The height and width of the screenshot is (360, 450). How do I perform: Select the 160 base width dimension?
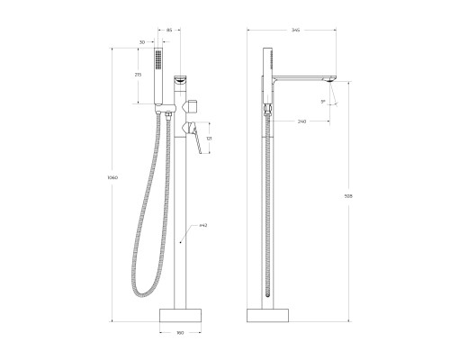pyautogui.click(x=180, y=334)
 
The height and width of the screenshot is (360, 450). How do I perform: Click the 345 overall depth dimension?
pyautogui.click(x=297, y=30)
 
